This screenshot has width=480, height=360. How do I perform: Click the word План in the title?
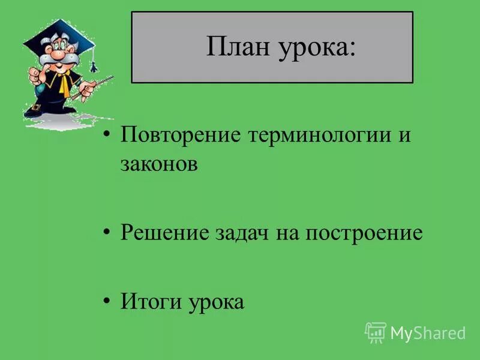click(238, 47)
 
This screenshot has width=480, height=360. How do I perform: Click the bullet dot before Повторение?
click(107, 133)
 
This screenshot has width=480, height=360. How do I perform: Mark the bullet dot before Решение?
click(107, 231)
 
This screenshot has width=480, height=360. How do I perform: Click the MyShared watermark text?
click(428, 332)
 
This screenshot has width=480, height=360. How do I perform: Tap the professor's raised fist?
click(34, 75)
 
